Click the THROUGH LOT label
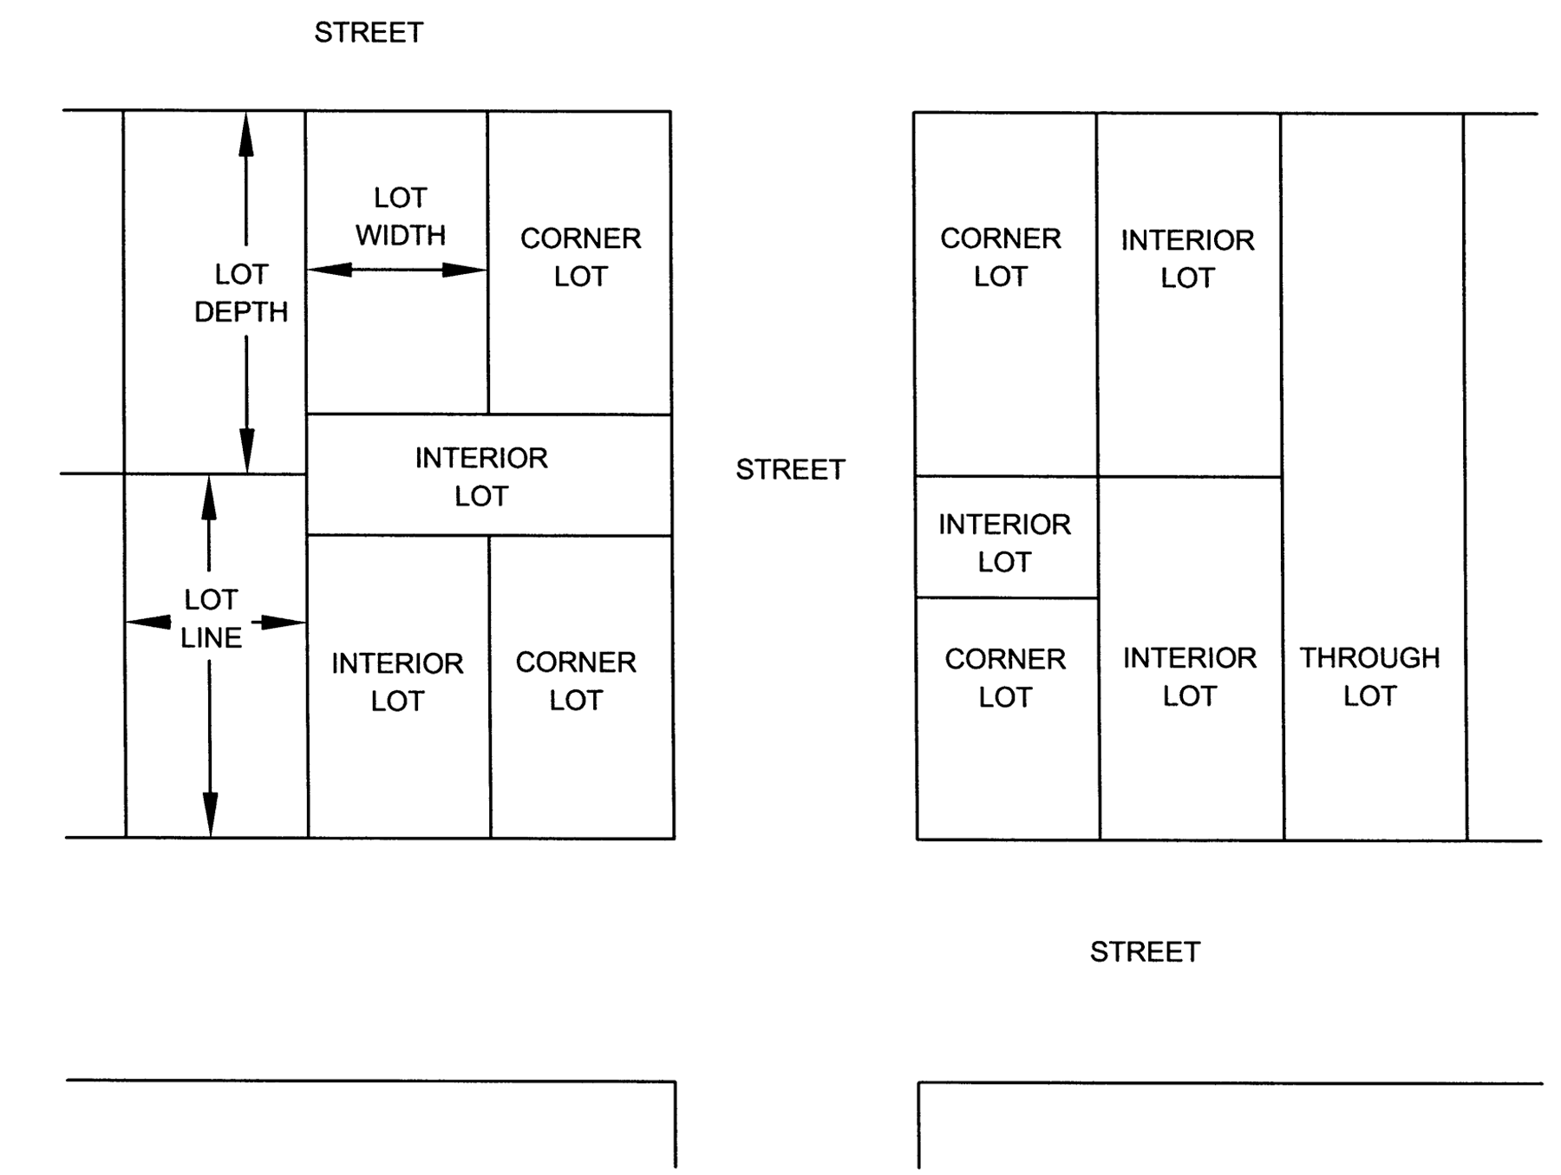[x=1369, y=676]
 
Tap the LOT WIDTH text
[x=400, y=217]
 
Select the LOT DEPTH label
[x=241, y=293]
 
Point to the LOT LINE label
[x=211, y=618]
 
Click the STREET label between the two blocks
[x=790, y=470]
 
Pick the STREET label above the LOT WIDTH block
[x=369, y=33]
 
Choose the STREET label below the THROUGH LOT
[x=1145, y=952]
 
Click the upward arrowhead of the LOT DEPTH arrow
[x=246, y=134]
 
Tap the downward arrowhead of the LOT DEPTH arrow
[x=247, y=451]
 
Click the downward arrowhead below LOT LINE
[x=210, y=815]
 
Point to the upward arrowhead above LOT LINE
[x=208, y=498]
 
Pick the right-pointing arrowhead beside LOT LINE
[x=283, y=622]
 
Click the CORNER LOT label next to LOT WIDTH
[x=580, y=258]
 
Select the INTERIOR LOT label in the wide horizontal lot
[x=481, y=477]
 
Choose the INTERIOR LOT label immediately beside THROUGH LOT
[x=1189, y=676]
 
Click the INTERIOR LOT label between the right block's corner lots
[x=1004, y=543]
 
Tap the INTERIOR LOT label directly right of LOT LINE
[x=397, y=682]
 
